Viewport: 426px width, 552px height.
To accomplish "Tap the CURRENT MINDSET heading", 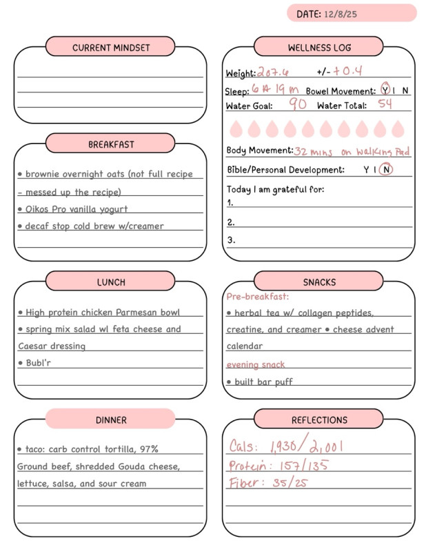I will (111, 48).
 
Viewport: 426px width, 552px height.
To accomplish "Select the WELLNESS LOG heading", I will (319, 48).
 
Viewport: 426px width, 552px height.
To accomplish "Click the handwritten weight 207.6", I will (273, 72).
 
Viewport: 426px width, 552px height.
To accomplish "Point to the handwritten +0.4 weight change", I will (347, 72).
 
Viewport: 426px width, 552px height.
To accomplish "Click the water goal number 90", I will (298, 105).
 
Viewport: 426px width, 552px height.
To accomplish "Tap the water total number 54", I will (385, 105).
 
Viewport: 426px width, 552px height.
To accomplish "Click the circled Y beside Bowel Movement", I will (385, 90).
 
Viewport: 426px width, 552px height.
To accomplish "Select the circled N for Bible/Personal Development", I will (386, 170).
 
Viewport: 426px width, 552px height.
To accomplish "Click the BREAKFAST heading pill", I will (111, 144).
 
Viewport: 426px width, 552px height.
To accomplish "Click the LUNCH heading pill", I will (111, 282).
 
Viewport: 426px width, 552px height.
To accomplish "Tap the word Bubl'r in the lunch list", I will (38, 362).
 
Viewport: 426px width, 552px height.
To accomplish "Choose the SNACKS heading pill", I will (319, 282).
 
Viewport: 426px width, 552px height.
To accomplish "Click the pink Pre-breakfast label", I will (258, 297).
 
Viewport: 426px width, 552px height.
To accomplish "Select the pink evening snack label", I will (255, 364).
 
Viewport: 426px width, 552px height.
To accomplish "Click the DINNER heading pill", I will (111, 419).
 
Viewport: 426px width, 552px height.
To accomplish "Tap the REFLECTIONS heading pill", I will (319, 419).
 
